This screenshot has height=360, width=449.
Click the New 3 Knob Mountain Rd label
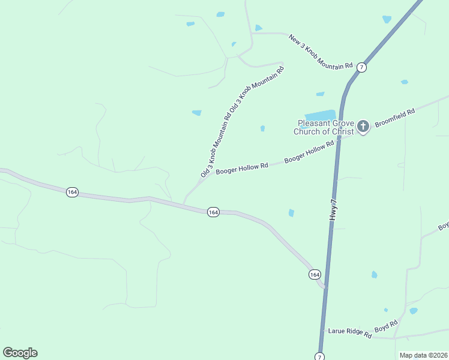pos(320,52)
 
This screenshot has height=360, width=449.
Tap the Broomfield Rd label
pos(395,118)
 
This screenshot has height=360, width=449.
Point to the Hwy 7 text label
pos(334,210)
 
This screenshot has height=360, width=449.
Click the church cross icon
pos(363,127)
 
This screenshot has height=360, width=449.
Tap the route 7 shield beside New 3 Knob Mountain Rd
pos(361,67)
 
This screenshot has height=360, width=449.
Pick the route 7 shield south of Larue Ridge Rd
pos(319,356)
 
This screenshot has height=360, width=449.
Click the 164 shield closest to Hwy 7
pos(315,274)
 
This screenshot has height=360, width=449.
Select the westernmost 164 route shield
pos(72,192)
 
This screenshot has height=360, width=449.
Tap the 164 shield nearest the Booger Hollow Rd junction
pos(213,212)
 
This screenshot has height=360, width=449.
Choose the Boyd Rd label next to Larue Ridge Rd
pos(386,326)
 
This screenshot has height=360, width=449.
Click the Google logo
pos(20,353)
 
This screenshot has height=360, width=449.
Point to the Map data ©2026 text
pos(423,355)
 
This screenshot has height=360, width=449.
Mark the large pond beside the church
pos(320,115)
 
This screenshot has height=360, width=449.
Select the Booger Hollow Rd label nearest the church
pos(309,152)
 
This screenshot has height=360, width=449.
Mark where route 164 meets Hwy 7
pos(325,287)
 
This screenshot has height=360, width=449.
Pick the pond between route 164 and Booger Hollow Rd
pos(291,212)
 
